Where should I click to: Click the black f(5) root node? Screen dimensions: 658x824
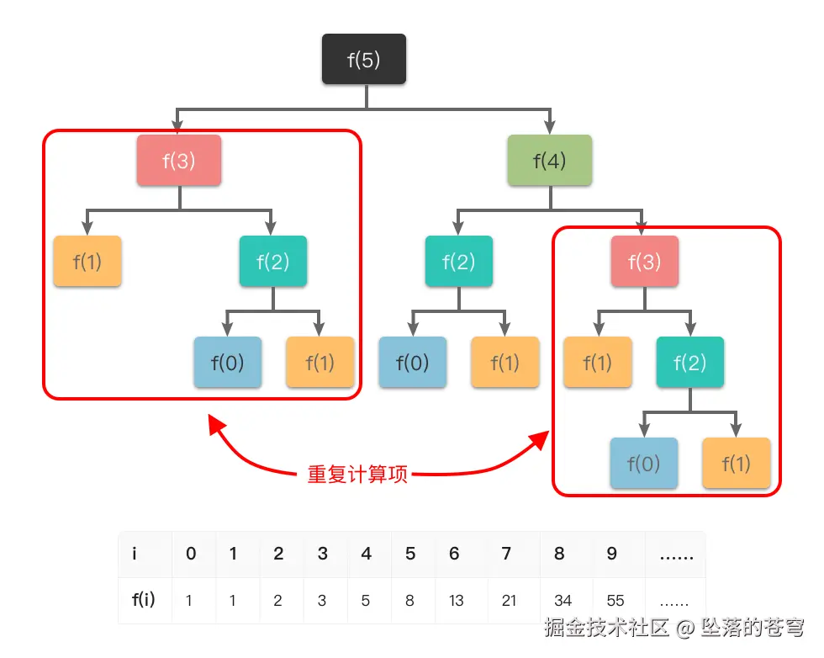tap(364, 60)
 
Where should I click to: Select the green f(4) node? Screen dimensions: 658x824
tap(550, 161)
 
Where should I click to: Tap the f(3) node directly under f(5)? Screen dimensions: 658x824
tap(179, 161)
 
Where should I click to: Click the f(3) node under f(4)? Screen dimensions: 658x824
tap(644, 262)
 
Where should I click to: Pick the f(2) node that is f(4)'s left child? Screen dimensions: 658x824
tap(458, 262)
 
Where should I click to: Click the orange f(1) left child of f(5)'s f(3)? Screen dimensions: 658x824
tap(87, 262)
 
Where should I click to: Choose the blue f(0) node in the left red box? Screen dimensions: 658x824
tap(227, 363)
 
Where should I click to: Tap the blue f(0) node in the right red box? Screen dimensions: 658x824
tap(644, 464)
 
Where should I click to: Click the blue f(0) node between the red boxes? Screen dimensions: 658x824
tap(412, 363)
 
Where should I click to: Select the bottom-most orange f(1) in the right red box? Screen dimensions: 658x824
tap(736, 464)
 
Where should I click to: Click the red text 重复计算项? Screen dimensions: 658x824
tap(357, 475)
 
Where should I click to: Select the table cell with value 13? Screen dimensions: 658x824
tap(456, 601)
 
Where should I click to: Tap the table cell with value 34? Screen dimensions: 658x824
tap(563, 601)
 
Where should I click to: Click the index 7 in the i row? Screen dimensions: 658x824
tap(505, 554)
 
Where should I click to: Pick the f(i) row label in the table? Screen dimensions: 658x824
tap(144, 601)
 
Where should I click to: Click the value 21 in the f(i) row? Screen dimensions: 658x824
tap(509, 601)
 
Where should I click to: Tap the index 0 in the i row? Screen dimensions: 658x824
tap(191, 554)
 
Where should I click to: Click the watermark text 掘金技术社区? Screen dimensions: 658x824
tap(606, 628)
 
